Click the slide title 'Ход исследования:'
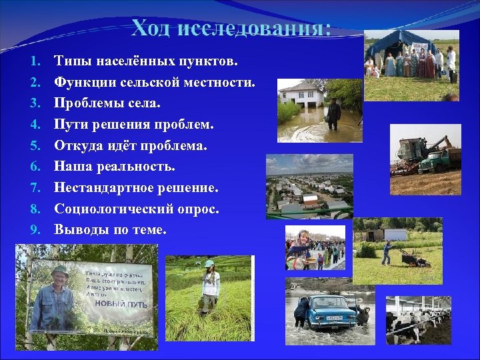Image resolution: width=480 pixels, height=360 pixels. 231,29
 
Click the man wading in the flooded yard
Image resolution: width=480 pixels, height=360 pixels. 333,114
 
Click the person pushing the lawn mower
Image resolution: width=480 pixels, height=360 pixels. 387,252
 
